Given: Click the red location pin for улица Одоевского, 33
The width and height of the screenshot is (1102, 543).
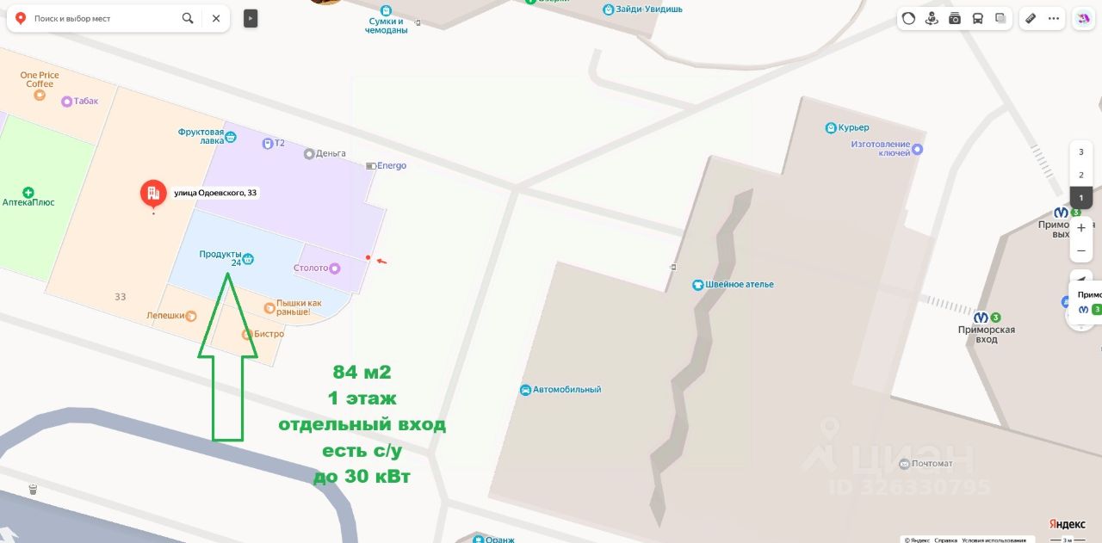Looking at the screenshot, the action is [x=153, y=194].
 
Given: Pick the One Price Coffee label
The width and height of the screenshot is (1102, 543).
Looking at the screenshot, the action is [x=40, y=79].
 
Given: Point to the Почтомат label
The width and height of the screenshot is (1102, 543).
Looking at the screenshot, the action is [x=932, y=464].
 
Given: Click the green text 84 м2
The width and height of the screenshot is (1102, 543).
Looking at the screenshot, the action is [x=362, y=373].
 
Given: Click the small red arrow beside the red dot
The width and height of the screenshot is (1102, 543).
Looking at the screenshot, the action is [x=381, y=260].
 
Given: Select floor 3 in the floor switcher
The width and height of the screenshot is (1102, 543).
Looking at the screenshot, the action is [x=1080, y=152].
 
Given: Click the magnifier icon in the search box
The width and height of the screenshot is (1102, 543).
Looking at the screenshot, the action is [x=188, y=18].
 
